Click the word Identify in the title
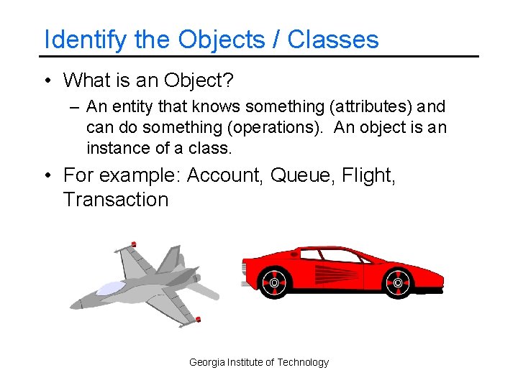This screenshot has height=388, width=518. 86,40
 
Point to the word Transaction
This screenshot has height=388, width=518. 116,200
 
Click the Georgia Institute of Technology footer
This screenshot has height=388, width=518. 259,362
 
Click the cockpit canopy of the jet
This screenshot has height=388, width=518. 110,288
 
